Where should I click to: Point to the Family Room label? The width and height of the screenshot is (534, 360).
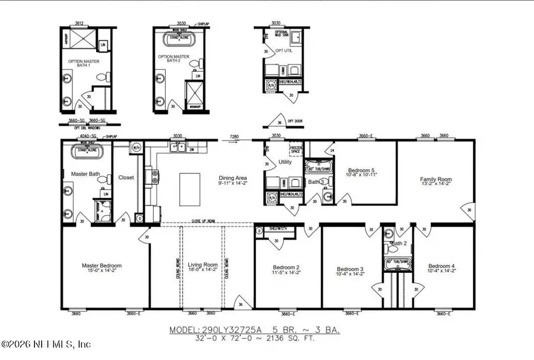coord(436,179)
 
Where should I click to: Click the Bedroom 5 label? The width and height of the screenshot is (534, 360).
coord(361,171)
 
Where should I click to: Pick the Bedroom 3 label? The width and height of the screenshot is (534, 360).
coord(349,269)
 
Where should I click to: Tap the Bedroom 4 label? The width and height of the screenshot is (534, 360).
coord(441,266)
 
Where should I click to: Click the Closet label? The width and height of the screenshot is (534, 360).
coord(126,177)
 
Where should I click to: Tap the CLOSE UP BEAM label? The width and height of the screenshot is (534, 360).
coord(203,221)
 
